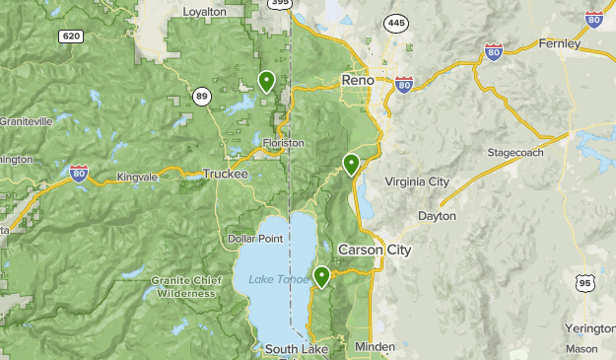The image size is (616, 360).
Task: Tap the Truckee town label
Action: click(x=225, y=174)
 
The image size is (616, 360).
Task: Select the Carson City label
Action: click(x=375, y=250)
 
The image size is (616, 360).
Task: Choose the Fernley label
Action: click(x=560, y=43)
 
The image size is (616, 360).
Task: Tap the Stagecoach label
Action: click(x=516, y=153)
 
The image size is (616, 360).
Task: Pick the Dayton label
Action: click(x=437, y=215)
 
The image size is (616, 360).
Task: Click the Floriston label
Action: click(x=284, y=143)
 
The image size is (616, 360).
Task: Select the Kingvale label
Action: click(x=137, y=176)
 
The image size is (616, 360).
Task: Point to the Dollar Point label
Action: click(x=255, y=239)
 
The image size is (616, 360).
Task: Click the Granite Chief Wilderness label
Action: click(x=183, y=286)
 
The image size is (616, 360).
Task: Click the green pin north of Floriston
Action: click(x=266, y=81)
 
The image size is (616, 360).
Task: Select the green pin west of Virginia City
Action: click(x=350, y=165)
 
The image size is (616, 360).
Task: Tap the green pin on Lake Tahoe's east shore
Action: click(x=321, y=276)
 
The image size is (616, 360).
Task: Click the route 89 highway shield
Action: click(x=201, y=95)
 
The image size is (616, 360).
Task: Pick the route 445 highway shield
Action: click(x=396, y=22)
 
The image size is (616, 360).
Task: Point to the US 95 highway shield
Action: click(x=585, y=284)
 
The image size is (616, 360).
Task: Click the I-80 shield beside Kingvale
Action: click(x=81, y=175)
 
